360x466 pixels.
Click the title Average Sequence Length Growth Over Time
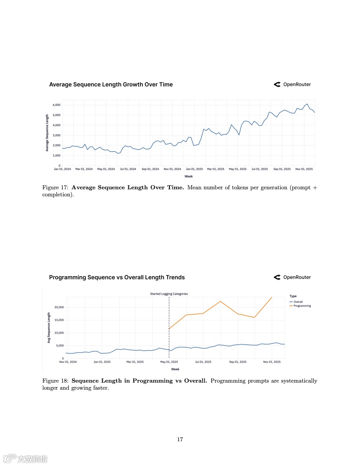coord(111,84)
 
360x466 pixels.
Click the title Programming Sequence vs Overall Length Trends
coord(117,277)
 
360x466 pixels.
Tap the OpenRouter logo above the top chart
coord(292,84)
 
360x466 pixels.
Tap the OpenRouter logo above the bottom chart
coord(292,277)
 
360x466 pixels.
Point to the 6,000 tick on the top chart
coord(56,105)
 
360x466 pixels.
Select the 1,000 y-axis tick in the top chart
coord(56,155)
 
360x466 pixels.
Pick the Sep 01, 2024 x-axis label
coord(150,169)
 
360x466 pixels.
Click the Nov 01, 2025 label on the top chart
coord(304,169)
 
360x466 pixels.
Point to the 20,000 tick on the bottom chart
coord(59,307)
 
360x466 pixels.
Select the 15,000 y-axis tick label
coord(59,320)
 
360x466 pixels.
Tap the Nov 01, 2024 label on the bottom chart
coord(68,362)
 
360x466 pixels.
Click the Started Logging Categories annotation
coord(169,294)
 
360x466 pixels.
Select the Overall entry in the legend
coord(298,302)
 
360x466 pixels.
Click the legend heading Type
coord(293,296)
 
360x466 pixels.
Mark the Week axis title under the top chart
coord(188,176)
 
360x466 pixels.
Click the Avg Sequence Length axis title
coord(49,327)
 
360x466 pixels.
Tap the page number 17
coord(180,439)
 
